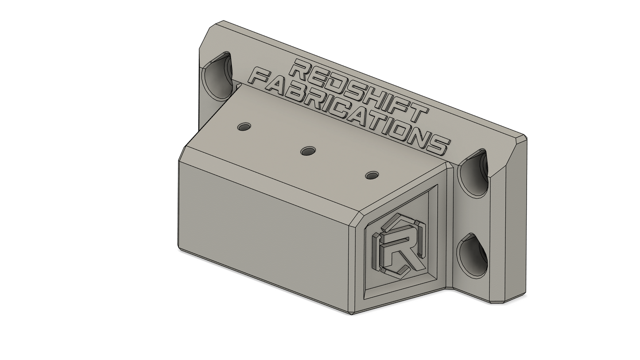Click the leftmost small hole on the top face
[244, 127]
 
